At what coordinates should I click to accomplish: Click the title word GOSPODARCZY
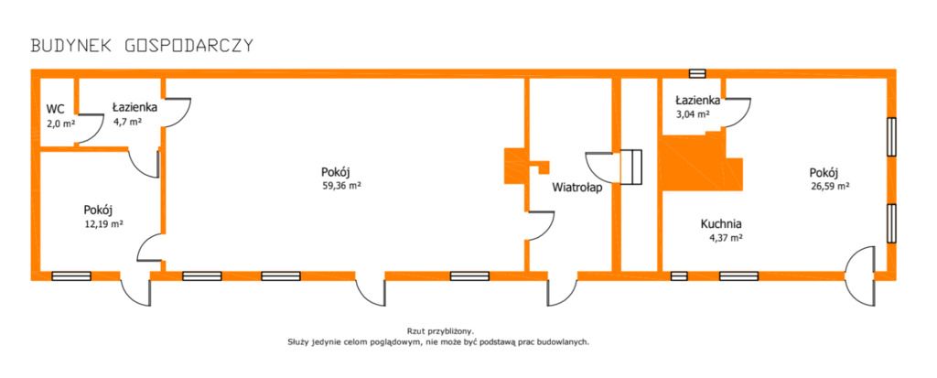(x=189, y=46)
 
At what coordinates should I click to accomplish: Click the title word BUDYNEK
(x=71, y=46)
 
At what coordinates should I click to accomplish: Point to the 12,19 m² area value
(x=104, y=224)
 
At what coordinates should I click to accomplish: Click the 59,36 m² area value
(x=341, y=186)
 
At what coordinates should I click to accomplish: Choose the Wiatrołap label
(x=576, y=188)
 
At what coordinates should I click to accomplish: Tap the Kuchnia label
(x=721, y=224)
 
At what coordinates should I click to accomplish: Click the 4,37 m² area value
(x=725, y=239)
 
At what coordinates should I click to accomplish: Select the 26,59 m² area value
(x=831, y=186)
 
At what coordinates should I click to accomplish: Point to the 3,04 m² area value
(x=693, y=113)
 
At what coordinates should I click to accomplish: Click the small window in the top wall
(x=697, y=73)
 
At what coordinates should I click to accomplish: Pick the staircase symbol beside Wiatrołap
(x=630, y=166)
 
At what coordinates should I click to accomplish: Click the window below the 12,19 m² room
(x=71, y=275)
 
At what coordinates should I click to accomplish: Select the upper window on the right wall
(x=891, y=137)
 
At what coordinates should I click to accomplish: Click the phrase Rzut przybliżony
(x=440, y=330)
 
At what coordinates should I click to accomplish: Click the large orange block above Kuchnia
(x=699, y=163)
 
